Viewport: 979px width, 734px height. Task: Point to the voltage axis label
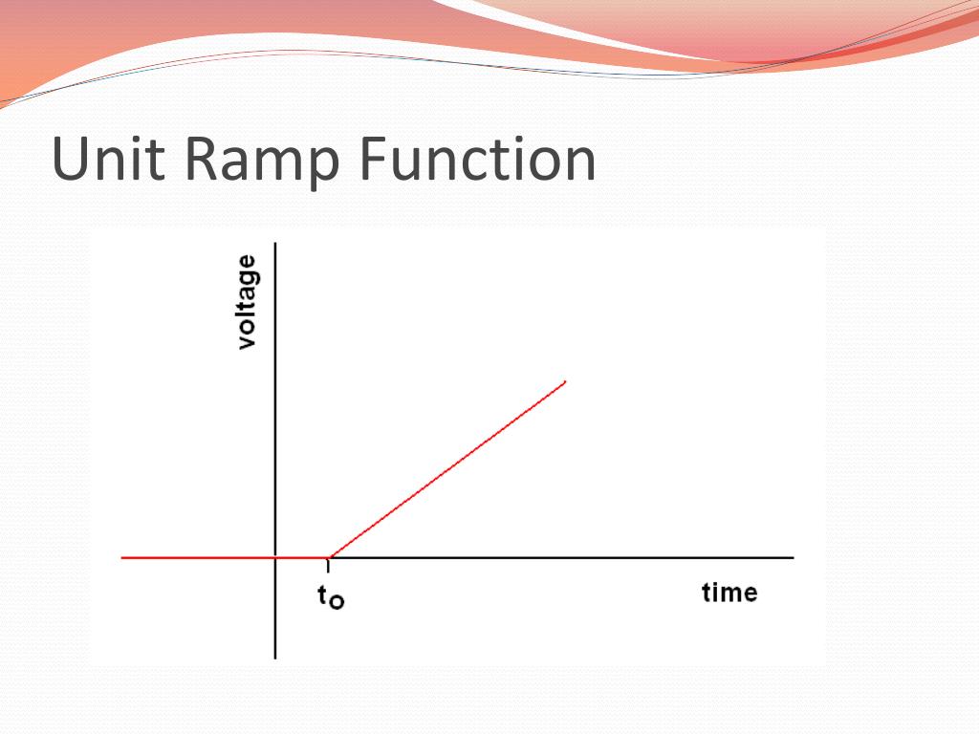247,302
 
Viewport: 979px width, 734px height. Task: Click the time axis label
729,593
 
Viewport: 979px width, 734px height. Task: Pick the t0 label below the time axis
330,598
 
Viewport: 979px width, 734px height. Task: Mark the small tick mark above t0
328,565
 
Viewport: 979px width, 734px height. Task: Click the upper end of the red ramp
565,382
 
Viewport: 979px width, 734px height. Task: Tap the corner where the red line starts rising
329,557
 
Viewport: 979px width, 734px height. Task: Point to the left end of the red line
123,557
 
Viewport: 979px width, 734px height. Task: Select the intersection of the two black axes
275,557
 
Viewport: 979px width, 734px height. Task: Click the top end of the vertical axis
275,245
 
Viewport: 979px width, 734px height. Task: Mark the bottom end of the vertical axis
275,658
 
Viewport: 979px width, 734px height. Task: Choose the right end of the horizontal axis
792,557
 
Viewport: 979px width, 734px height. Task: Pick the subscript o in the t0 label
337,603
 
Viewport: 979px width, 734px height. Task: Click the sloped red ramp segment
447,469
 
